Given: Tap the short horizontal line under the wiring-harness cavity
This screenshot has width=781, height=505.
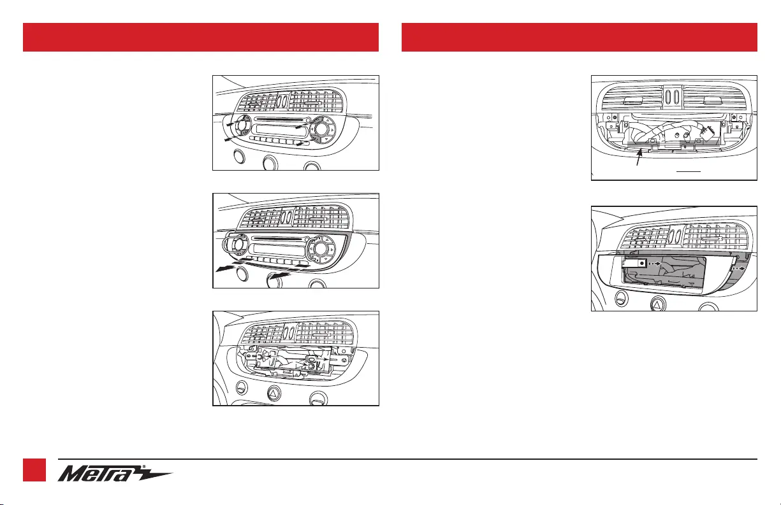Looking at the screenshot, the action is pyautogui.click(x=689, y=171).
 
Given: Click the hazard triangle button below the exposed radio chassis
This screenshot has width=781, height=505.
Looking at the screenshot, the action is pyautogui.click(x=275, y=394).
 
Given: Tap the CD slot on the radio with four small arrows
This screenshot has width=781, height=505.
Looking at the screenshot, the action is pyautogui.click(x=278, y=119).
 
